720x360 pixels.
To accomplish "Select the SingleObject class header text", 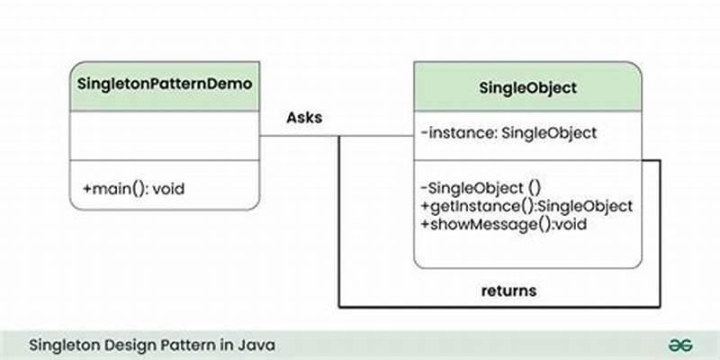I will tap(528, 88).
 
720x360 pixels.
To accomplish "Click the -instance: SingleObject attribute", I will tap(508, 133).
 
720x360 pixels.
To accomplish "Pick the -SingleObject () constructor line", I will tap(480, 187).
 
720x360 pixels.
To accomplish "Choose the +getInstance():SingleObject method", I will tap(526, 205).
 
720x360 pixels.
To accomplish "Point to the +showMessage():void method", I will tap(503, 223).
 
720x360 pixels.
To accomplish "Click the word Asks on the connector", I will tap(304, 117).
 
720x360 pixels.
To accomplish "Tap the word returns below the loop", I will tap(508, 290).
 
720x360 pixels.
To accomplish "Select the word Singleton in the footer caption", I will tap(64, 345).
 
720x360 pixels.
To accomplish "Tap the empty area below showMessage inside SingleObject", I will tap(528, 250).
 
